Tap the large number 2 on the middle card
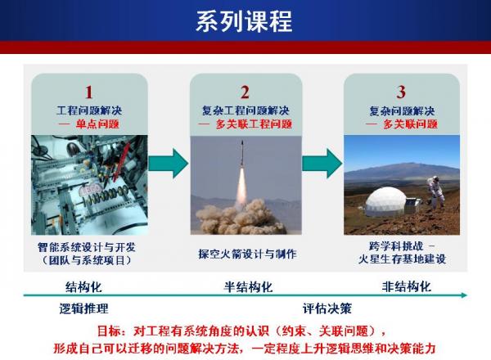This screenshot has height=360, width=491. [245, 92]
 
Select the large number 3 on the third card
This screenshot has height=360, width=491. [401, 92]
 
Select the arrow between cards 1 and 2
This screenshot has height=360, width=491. [168, 160]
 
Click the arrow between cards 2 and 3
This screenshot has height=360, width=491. [322, 160]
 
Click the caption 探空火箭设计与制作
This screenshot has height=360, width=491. [246, 253]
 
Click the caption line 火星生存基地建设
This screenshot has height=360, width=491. [401, 260]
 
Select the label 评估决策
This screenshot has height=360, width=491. [327, 308]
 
